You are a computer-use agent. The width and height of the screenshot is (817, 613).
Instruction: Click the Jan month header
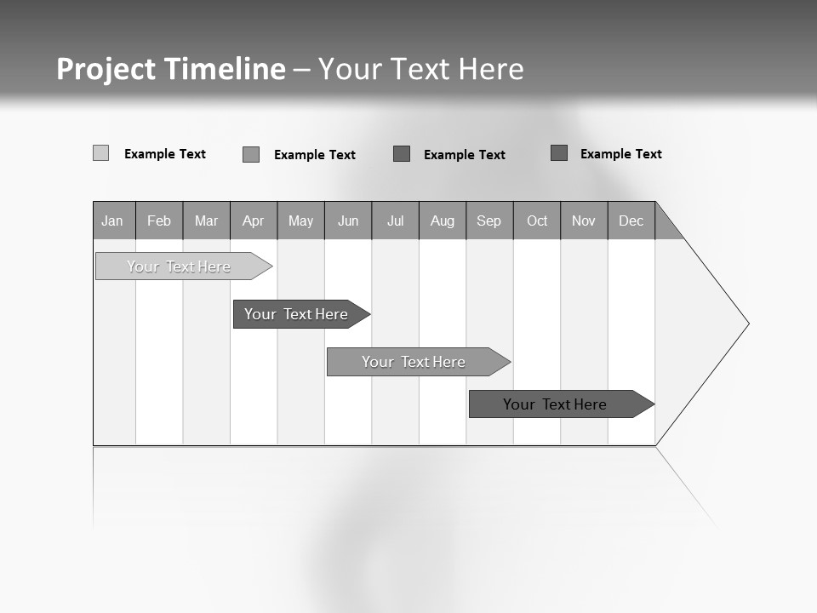112,221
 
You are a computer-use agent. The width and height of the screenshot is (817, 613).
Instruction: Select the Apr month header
254,221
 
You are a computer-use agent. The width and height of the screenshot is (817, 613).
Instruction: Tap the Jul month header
395,221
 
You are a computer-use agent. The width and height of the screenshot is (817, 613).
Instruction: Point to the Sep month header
489,221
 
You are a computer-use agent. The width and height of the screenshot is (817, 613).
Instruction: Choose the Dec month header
631,221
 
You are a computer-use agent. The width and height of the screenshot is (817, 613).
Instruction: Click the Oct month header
537,221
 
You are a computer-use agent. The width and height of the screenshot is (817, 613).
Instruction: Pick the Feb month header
159,221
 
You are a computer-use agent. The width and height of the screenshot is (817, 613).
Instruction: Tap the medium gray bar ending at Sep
414,362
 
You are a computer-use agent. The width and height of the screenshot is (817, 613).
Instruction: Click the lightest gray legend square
100,153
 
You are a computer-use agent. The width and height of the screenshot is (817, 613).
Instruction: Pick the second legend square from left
251,154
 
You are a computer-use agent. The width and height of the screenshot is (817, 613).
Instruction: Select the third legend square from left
402,154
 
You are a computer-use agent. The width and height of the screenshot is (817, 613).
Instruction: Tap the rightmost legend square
559,153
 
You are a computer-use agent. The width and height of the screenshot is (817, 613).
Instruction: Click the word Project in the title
106,69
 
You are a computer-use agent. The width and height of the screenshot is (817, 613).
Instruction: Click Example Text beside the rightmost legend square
620,154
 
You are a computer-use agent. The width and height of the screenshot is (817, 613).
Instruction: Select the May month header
300,221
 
